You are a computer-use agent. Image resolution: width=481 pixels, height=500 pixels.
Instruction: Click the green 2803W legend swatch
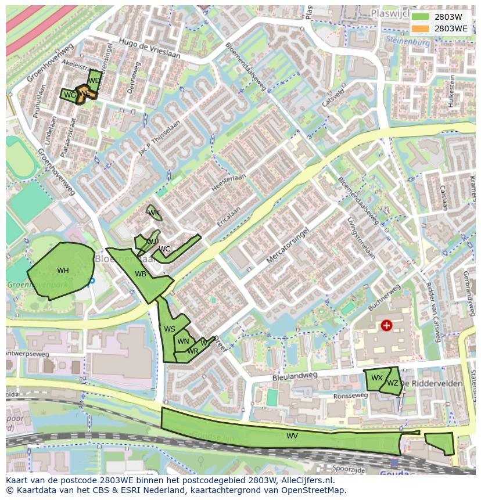[420, 17]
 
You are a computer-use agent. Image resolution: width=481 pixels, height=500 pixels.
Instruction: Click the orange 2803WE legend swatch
[420, 28]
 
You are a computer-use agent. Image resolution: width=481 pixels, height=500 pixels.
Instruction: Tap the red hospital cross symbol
[386, 325]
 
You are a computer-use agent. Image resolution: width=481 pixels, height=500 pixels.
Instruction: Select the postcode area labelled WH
[63, 271]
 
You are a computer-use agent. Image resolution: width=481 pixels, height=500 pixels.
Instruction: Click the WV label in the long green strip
[292, 436]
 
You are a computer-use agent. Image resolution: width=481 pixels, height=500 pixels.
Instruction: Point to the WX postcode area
[376, 378]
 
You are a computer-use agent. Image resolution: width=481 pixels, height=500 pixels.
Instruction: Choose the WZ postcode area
[393, 383]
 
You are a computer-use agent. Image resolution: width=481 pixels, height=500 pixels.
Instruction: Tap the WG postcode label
[70, 95]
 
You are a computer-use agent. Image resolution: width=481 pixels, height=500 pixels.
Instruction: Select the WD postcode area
[94, 80]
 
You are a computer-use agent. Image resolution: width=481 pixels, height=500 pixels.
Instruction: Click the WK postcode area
[153, 213]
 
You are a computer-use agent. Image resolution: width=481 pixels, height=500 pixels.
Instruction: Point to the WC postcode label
[164, 249]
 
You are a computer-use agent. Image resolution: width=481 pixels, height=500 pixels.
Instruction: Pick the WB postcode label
[141, 274]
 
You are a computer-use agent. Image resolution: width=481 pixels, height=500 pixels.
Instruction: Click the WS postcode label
[169, 329]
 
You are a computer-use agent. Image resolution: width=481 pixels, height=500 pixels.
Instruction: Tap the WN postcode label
[183, 341]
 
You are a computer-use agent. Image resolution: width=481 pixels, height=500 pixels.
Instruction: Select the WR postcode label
[193, 351]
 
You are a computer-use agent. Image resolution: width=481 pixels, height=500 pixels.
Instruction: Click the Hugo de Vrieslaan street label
[150, 47]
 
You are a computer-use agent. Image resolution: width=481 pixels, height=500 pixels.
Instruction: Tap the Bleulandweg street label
[295, 376]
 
